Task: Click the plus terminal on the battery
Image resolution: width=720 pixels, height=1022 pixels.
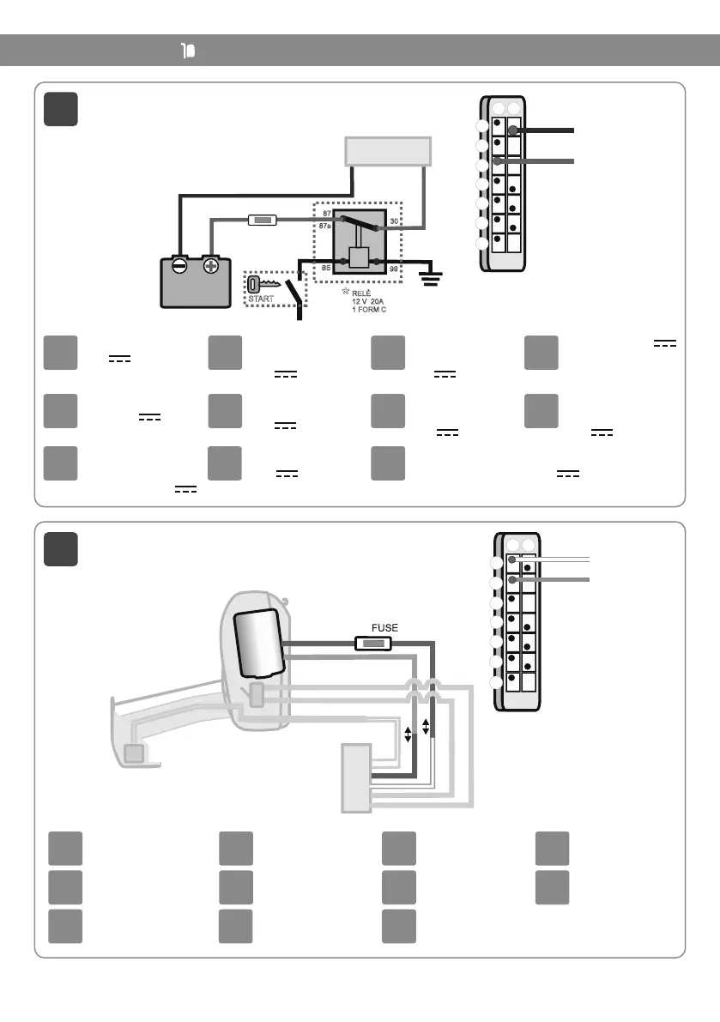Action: (210, 267)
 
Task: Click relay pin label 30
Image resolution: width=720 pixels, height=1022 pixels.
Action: (394, 221)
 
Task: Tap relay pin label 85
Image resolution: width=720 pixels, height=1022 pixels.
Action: (325, 268)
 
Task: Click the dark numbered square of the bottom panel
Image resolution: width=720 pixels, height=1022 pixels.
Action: (61, 549)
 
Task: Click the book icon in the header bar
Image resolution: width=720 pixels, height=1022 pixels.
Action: (189, 51)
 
